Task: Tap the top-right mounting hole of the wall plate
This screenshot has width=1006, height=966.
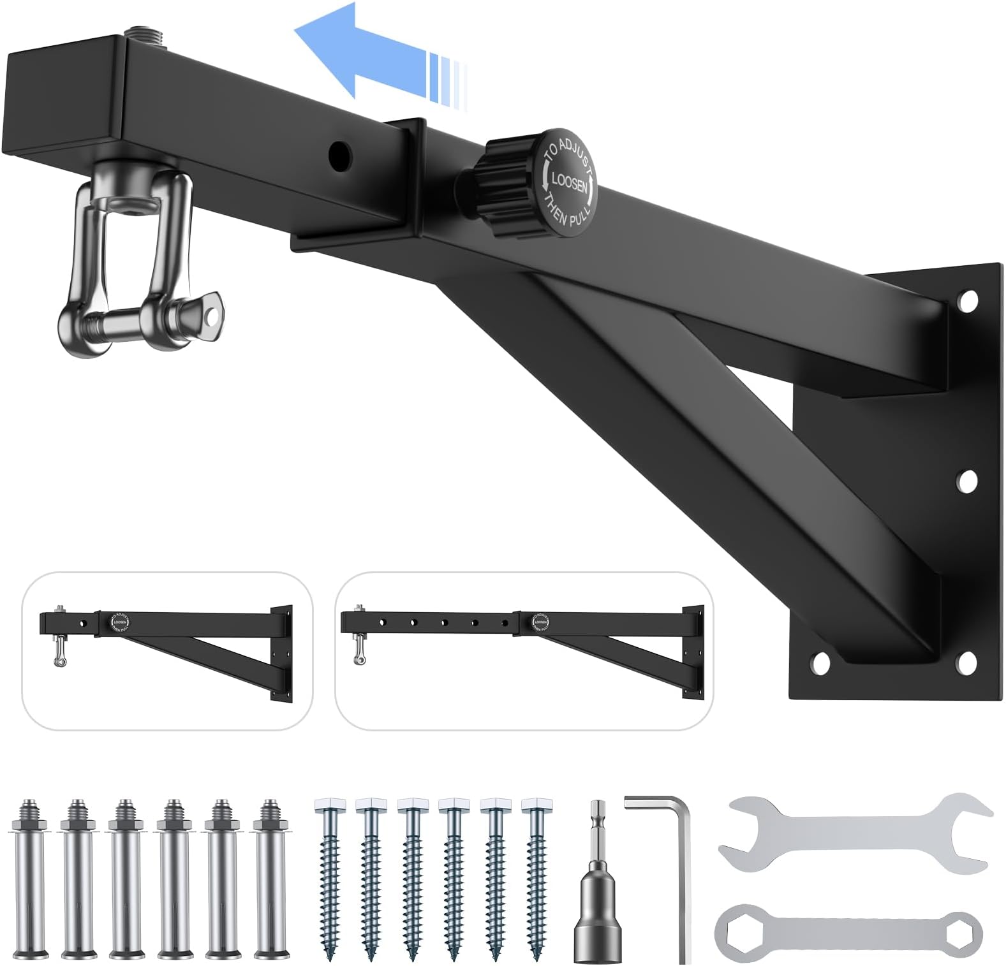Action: [968, 300]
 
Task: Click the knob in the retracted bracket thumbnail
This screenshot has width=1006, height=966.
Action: [120, 622]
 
